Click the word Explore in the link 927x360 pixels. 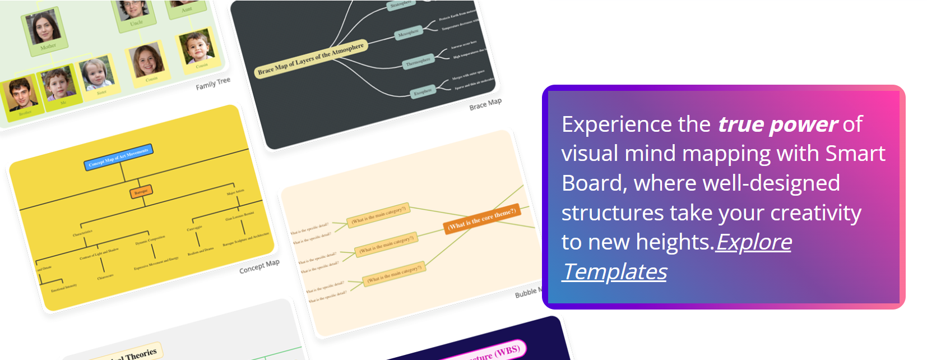click(x=754, y=242)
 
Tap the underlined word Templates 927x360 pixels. click(x=615, y=272)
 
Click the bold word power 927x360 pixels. click(x=804, y=124)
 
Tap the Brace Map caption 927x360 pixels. click(x=485, y=104)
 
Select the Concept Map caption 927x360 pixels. click(x=259, y=266)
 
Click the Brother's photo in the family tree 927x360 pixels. click(x=20, y=94)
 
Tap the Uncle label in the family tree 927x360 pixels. click(x=136, y=24)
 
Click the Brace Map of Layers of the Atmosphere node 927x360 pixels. click(x=310, y=59)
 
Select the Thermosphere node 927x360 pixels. click(x=418, y=62)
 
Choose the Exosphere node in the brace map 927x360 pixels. click(x=423, y=91)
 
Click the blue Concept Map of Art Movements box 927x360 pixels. click(x=118, y=157)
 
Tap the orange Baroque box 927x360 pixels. click(x=141, y=192)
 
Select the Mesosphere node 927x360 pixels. click(x=408, y=34)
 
